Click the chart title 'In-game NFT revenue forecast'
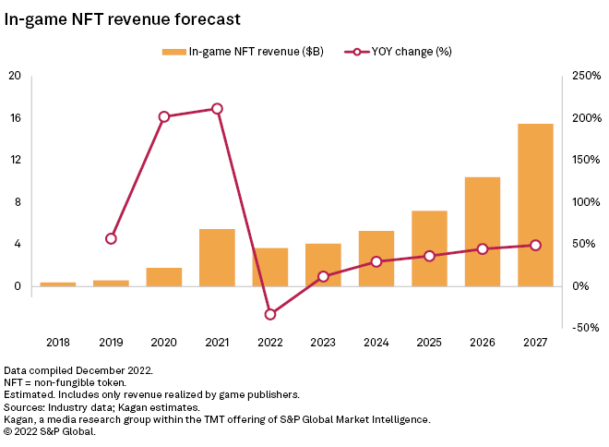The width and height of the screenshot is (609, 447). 123,18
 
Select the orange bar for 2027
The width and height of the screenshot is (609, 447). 535,204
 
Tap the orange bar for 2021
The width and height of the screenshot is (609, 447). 217,257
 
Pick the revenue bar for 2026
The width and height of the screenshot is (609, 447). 483,231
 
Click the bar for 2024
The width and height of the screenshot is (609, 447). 376,258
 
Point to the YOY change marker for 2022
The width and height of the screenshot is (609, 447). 270,314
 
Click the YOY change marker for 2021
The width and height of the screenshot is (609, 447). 217,109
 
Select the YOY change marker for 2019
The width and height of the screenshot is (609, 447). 111,238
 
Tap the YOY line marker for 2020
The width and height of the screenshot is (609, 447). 164,117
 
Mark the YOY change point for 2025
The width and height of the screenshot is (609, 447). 429,256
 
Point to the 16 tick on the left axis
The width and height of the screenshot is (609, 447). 15,118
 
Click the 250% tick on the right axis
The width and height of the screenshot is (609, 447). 584,76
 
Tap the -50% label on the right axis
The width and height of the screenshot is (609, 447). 584,328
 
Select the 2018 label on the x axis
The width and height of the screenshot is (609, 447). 58,343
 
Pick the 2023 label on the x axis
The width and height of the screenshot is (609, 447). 323,343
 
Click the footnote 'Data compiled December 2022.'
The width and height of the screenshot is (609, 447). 78,369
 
